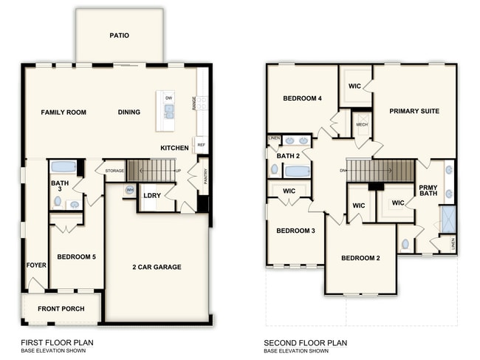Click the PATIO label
(120, 35)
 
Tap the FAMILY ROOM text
(64, 112)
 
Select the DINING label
(129, 112)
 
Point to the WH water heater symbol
(130, 190)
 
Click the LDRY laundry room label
(152, 196)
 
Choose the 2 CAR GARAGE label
(157, 267)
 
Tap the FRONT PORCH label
(61, 308)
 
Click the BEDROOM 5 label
(76, 257)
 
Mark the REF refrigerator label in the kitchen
(201, 145)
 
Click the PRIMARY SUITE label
(414, 112)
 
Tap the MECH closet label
(362, 125)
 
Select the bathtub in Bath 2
(297, 171)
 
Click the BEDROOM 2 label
(360, 258)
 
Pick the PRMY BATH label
(428, 190)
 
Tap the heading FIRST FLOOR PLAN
(57, 343)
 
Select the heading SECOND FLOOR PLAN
(306, 343)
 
